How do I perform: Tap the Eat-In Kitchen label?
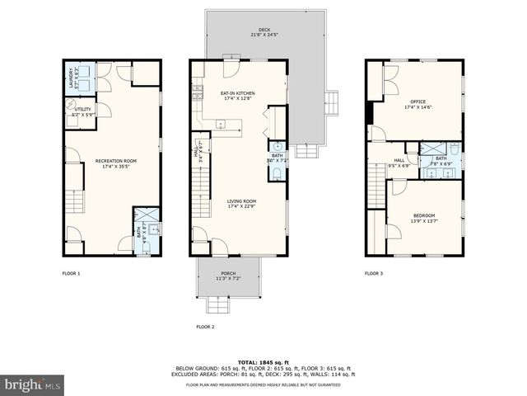[x=237, y=96]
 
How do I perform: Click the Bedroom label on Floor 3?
[x=423, y=217]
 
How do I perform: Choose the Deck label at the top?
[x=264, y=33]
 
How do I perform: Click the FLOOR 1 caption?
[x=72, y=273]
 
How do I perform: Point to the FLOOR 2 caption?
[x=205, y=327]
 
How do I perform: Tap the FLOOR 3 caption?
[x=374, y=273]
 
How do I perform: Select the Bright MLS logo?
[x=33, y=384]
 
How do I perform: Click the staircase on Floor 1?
[x=74, y=200]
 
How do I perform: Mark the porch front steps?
[x=217, y=306]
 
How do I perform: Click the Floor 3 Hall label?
[x=399, y=163]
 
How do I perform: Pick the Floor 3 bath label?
[x=441, y=160]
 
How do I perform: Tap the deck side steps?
[x=332, y=101]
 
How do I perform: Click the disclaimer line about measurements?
[x=263, y=384]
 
